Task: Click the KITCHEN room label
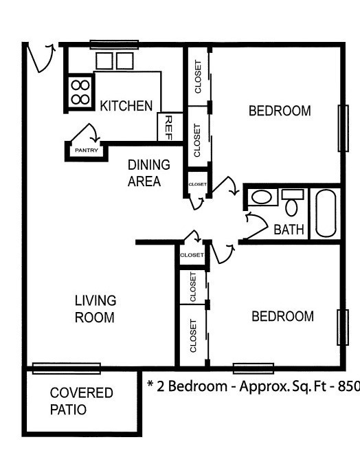click(126, 106)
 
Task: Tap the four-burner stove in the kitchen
click(80, 92)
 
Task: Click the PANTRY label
click(86, 150)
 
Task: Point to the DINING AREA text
click(148, 173)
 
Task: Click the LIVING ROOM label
click(95, 309)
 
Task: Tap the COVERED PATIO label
click(81, 401)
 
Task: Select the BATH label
click(289, 230)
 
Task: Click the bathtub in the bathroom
click(326, 212)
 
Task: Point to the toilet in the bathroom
click(293, 203)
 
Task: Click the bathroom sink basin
click(261, 198)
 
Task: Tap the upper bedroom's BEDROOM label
click(280, 111)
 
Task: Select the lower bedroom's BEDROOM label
click(282, 316)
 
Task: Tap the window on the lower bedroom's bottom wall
click(253, 368)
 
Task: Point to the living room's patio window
click(66, 368)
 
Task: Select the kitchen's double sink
click(114, 60)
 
